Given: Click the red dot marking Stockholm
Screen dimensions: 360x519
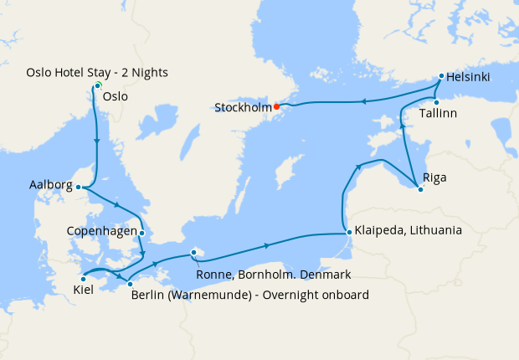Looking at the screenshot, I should [276, 106].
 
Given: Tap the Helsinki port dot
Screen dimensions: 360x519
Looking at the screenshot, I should [440, 76].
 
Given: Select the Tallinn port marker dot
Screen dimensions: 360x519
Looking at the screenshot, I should [436, 102].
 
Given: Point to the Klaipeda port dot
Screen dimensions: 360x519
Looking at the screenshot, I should [347, 233].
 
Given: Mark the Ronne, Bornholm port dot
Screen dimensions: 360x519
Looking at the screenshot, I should [193, 251].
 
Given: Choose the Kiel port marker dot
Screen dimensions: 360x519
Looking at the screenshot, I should [82, 279].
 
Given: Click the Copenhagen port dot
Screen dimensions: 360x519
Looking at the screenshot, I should [142, 233].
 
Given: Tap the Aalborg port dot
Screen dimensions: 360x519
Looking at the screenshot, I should [78, 188].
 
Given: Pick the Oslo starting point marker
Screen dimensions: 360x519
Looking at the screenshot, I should [98, 85].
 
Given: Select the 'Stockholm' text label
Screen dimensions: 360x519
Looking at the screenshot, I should [243, 108].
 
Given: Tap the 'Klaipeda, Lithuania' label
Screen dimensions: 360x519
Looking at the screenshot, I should [408, 229].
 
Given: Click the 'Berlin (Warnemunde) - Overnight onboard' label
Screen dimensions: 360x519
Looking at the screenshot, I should [249, 295].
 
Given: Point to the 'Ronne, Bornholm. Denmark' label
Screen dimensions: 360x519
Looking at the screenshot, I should [272, 275].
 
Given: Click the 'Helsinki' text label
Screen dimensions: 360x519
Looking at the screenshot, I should [468, 79].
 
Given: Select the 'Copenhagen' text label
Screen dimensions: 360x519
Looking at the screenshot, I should [102, 230].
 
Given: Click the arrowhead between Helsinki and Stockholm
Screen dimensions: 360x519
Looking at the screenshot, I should [364, 102].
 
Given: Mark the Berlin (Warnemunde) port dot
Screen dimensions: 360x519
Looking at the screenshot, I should [130, 285].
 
